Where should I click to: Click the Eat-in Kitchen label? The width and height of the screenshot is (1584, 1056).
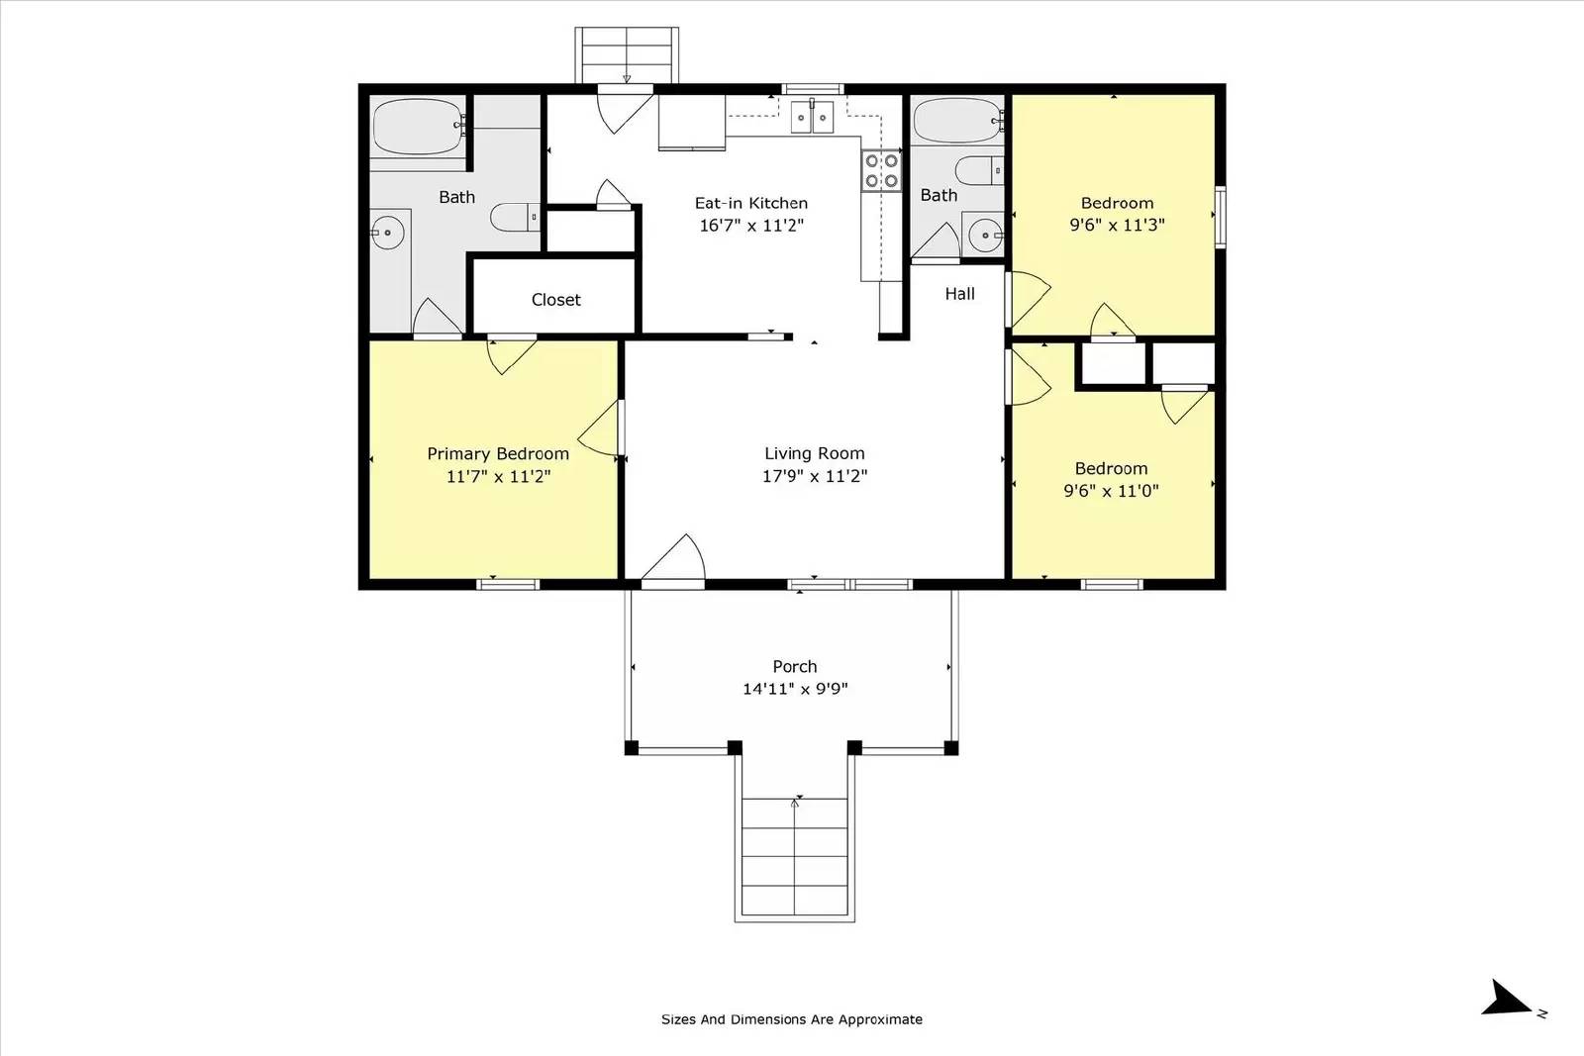[x=750, y=203]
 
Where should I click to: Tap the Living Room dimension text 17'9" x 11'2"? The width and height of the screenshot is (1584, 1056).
[x=814, y=476]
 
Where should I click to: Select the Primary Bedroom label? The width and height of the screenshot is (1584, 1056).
[x=497, y=453]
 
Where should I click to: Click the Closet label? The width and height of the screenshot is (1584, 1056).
[x=555, y=300]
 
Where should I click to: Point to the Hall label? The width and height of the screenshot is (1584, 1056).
[x=959, y=294]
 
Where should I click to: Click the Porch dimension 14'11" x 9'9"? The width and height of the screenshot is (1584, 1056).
[x=794, y=689]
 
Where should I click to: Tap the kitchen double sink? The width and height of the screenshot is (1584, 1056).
[x=813, y=117]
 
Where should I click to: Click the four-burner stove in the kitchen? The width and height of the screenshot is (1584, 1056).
[x=880, y=170]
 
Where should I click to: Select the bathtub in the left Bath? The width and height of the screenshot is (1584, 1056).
[x=419, y=126]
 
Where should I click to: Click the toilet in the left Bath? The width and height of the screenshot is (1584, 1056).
[x=513, y=217]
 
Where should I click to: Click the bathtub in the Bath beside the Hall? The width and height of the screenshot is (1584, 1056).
[x=957, y=121]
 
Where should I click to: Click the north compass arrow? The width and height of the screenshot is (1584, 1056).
[x=1509, y=999]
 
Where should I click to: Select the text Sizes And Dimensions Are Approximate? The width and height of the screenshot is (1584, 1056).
[x=791, y=1019]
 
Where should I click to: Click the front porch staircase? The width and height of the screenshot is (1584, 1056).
[x=794, y=857]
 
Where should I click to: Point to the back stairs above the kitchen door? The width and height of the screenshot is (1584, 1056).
[x=627, y=54]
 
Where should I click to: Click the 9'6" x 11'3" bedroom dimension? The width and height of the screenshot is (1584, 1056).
[x=1117, y=225]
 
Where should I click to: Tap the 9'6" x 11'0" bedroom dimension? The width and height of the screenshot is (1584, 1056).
[x=1111, y=491]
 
